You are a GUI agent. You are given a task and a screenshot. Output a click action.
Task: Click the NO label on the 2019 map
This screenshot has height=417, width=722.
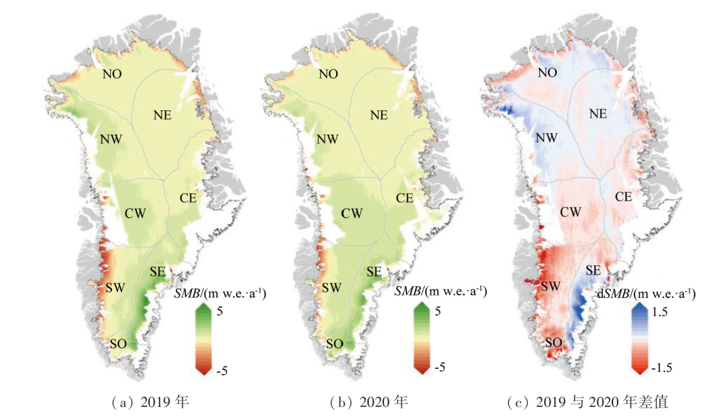pos(113,74)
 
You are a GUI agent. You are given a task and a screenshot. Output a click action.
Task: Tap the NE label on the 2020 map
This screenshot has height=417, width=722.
pos(379,115)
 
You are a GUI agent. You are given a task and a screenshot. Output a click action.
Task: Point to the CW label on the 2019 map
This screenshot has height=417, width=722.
pos(135,214)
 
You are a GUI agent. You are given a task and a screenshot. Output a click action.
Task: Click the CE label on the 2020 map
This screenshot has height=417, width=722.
pos(405,198)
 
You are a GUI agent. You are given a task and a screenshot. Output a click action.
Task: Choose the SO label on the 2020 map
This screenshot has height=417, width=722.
pos(334,344)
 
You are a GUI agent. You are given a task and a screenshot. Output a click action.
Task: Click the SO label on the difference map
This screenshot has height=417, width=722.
pos(554,343)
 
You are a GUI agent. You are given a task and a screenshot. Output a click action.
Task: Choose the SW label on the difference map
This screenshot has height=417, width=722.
pos(550,287)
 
